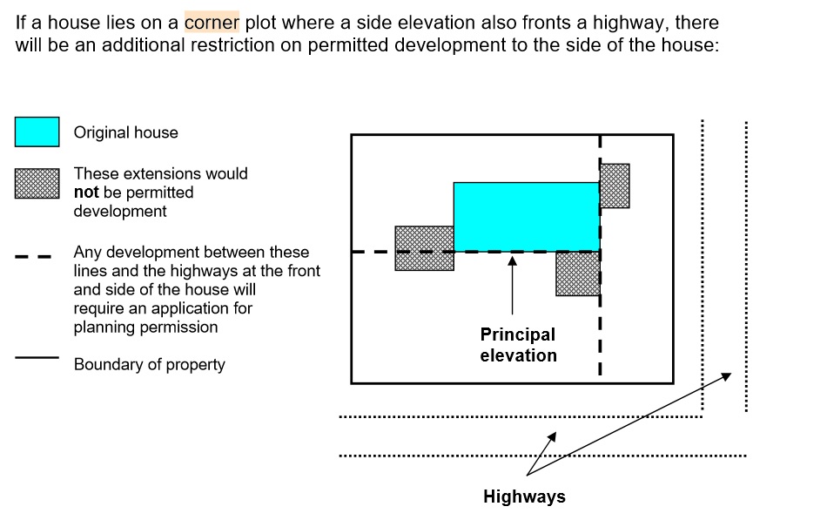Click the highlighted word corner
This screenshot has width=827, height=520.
212,22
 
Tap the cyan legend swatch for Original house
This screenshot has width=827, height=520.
37,132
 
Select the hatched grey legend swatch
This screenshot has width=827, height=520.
37,184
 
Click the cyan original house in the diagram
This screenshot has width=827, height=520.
526,216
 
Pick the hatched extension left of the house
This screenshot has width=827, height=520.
424,248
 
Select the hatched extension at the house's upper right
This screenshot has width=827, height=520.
615,186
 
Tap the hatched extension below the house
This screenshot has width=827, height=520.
578,274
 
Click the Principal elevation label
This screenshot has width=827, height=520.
518,345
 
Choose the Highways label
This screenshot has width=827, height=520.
524,497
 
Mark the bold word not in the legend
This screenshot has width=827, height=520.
86,192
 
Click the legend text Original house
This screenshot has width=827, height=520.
125,133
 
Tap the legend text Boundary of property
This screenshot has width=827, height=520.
149,365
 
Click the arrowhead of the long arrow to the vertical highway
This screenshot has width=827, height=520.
728,375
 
